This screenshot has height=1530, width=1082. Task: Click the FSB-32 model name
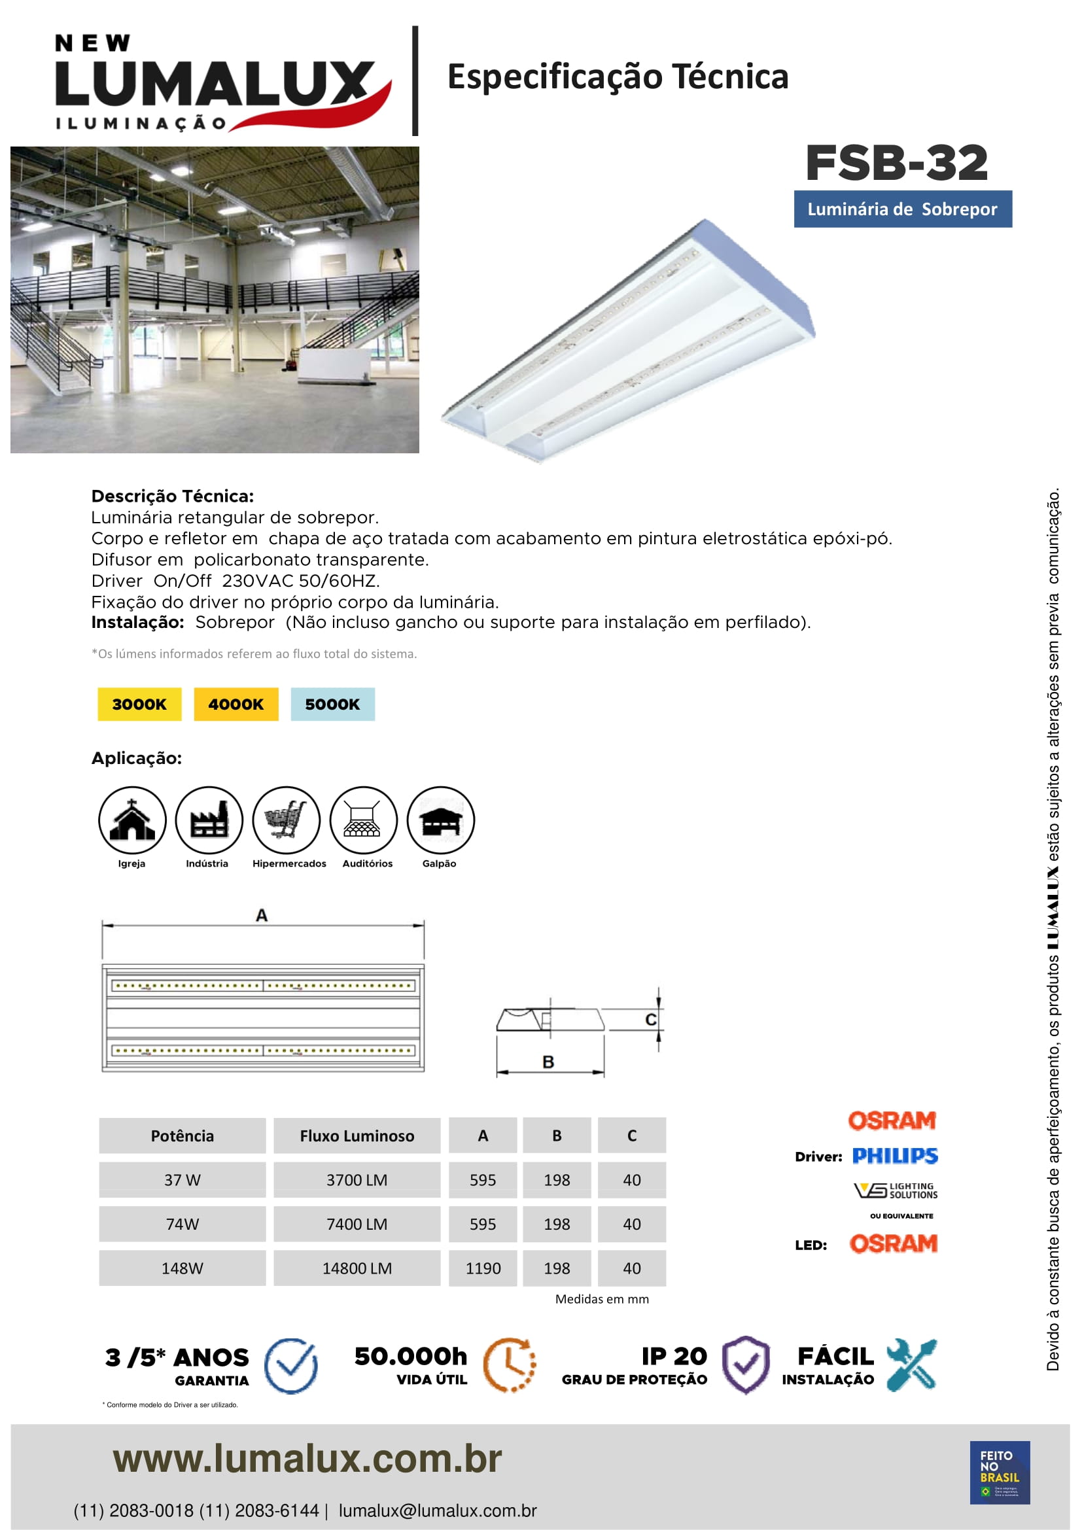click(x=896, y=164)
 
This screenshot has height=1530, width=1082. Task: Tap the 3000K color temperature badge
click(x=139, y=704)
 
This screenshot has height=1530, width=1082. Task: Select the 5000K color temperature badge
click(x=332, y=704)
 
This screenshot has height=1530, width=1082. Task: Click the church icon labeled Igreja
click(x=132, y=820)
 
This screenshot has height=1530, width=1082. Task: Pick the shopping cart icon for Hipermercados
click(x=287, y=820)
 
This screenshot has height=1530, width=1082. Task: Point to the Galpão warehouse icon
click(x=440, y=820)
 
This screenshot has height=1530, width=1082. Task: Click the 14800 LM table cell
click(x=357, y=1268)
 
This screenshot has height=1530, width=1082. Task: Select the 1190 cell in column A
click(x=482, y=1268)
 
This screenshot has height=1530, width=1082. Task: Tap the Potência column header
click(x=182, y=1136)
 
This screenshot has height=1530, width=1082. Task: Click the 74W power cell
click(x=182, y=1224)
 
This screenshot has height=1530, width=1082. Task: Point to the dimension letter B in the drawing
click(x=548, y=1062)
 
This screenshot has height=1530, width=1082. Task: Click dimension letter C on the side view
click(x=650, y=1020)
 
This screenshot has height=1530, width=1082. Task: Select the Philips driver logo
click(x=895, y=1155)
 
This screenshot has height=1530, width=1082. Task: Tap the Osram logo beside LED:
click(x=894, y=1243)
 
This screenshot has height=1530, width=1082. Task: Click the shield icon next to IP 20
click(x=746, y=1364)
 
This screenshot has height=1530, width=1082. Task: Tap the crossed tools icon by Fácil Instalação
click(x=911, y=1364)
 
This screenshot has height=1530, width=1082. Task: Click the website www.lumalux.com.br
click(x=307, y=1459)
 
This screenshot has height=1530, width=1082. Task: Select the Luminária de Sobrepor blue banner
click(x=902, y=209)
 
